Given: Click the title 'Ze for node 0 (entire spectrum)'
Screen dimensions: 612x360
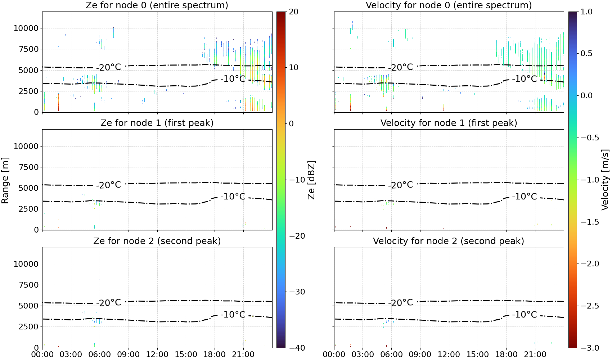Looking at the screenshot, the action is click(x=157, y=5).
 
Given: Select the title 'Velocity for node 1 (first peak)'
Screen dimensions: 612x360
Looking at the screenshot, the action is click(x=449, y=123).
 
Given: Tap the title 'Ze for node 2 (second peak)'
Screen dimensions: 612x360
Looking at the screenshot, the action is click(x=157, y=241).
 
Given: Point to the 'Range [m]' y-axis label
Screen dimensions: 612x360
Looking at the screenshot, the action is click(x=5, y=180).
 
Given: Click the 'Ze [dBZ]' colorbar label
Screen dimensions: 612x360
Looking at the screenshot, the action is click(x=311, y=180).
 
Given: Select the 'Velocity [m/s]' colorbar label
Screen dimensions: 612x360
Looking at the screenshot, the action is click(x=605, y=180).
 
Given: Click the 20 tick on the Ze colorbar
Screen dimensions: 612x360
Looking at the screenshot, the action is click(x=293, y=12).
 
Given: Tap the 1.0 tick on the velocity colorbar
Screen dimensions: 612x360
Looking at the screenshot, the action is click(x=586, y=12).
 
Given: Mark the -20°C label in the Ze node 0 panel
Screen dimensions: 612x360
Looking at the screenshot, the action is click(x=108, y=67).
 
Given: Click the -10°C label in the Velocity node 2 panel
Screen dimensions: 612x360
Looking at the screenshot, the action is click(x=524, y=314).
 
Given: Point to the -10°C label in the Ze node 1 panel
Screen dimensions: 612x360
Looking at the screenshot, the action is click(x=233, y=197).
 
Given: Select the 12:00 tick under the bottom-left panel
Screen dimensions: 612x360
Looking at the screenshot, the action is click(x=157, y=355).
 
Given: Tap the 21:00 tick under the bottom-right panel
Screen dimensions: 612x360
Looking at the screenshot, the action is click(x=535, y=355).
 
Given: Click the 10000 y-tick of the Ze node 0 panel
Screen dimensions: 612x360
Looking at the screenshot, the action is click(x=26, y=28).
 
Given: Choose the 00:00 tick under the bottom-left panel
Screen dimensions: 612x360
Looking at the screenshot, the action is click(x=42, y=355).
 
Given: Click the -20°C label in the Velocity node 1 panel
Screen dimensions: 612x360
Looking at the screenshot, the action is click(x=401, y=185).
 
